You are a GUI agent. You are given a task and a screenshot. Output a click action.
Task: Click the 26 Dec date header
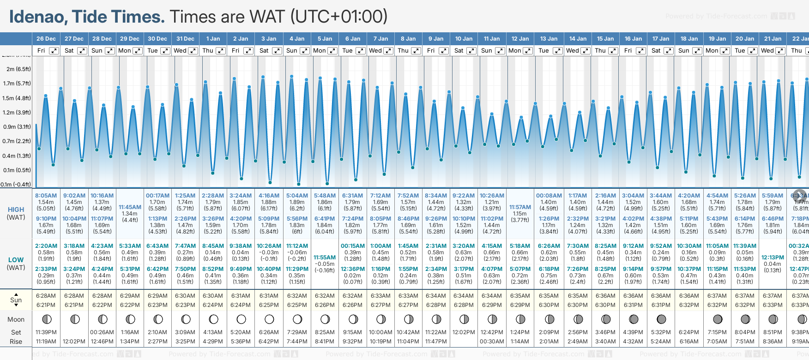[x=46, y=39]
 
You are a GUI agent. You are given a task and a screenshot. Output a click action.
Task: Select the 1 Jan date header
[x=213, y=39]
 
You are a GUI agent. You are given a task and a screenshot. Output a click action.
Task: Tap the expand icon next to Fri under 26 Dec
[x=54, y=51]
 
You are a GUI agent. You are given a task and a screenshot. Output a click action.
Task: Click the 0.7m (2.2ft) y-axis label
[x=17, y=141]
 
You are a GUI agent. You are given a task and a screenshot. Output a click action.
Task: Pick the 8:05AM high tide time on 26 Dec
[x=46, y=196]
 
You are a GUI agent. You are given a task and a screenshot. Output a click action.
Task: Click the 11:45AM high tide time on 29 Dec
[x=130, y=207]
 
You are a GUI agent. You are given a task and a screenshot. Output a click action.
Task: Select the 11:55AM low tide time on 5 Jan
[x=325, y=258]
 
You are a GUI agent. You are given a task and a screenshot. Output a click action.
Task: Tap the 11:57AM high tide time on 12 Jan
[x=520, y=207]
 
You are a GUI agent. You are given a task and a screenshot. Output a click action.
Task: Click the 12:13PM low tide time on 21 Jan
[x=773, y=258]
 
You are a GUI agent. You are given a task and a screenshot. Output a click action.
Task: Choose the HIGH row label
[x=16, y=210]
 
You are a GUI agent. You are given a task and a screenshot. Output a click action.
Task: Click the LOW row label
[x=16, y=260]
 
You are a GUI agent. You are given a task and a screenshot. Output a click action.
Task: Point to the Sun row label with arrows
[x=16, y=300]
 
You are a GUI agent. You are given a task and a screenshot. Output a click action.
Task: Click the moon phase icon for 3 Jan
[x=269, y=319]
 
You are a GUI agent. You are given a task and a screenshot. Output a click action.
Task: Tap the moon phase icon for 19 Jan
[x=718, y=319]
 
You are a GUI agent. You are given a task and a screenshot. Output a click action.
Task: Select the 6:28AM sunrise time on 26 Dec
[x=46, y=296]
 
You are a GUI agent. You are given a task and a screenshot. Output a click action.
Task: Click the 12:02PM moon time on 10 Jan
[x=464, y=332]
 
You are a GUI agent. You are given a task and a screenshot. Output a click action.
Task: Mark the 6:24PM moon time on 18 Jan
[x=689, y=332]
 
